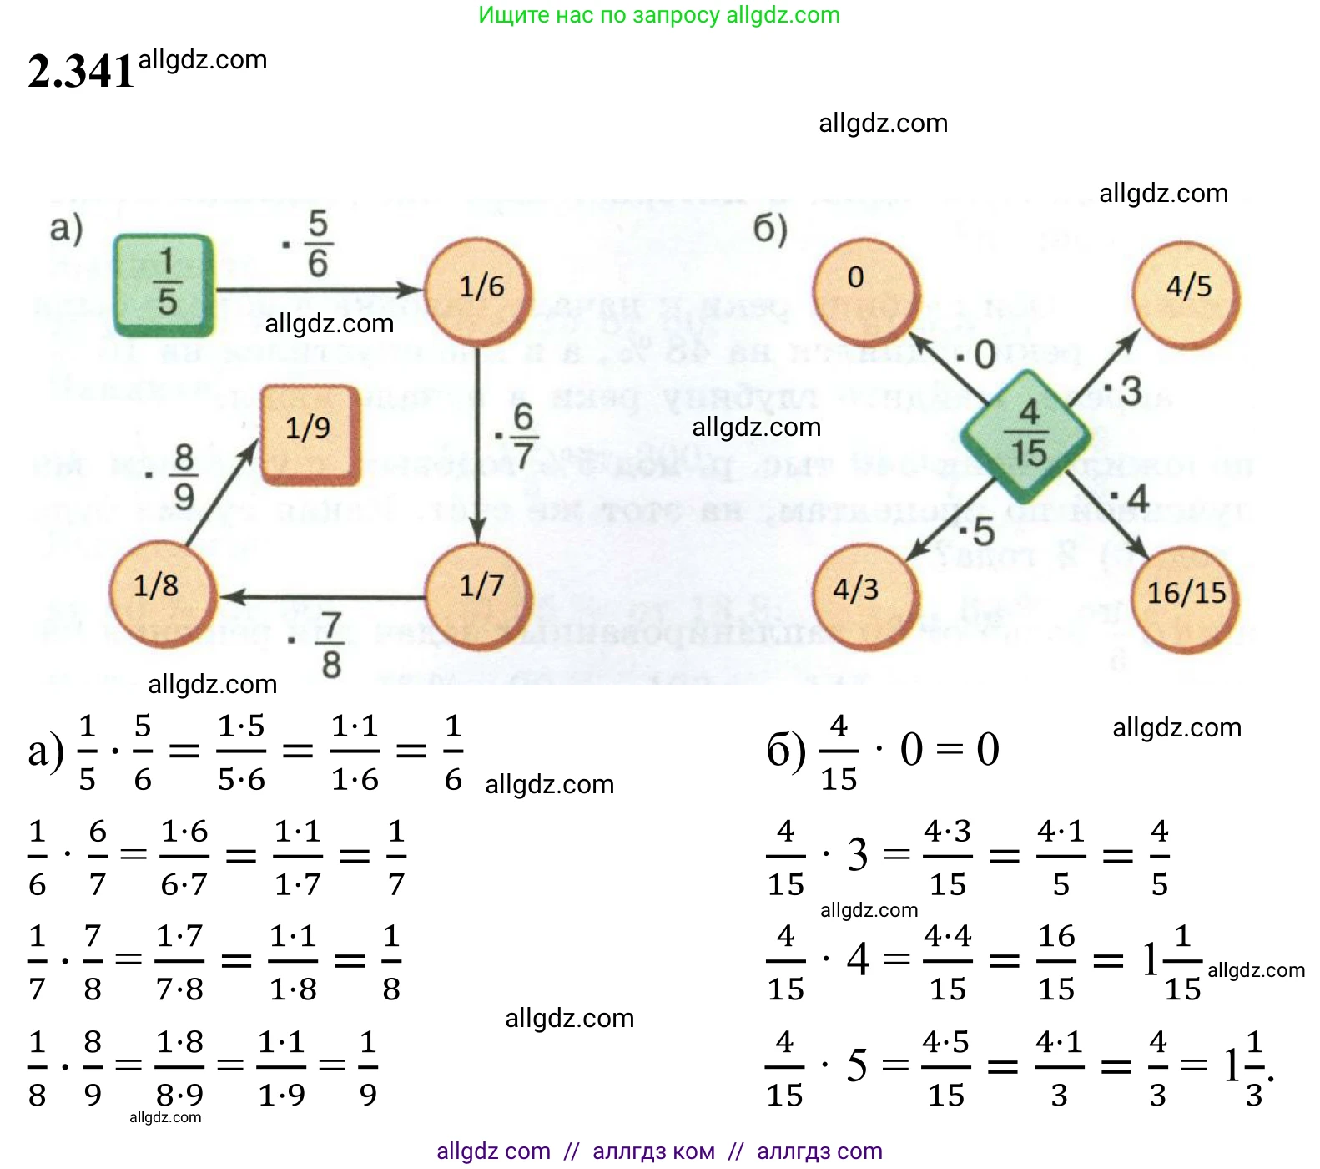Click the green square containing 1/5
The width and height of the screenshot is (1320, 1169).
tap(164, 285)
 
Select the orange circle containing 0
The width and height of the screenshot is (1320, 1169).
tap(865, 291)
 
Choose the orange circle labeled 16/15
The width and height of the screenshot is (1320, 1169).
tap(1185, 599)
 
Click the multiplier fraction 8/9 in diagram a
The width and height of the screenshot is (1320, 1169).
tap(184, 477)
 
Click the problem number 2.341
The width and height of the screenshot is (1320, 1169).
tap(81, 71)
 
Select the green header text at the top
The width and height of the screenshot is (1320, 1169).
tap(659, 15)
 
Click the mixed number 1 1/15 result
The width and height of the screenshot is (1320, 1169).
tap(1172, 962)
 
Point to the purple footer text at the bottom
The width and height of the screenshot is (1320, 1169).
tap(659, 1151)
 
